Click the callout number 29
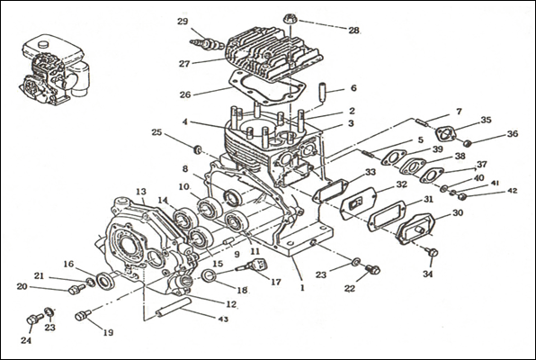pos(183,22)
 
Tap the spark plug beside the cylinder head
pos(207,44)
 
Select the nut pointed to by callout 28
pos(290,19)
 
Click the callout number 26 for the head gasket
pos(185,94)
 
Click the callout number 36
pos(513,134)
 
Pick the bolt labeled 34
pos(433,253)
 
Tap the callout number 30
pos(458,213)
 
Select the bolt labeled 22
pos(372,269)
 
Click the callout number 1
pos(302,288)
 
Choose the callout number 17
pos(276,282)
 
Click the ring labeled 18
pos(208,275)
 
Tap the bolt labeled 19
pos(83,315)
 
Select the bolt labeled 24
pos(34,319)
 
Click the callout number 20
pos(22,286)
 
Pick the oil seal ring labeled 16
pos(105,281)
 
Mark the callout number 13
pos(141,192)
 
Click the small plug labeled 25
pos(197,149)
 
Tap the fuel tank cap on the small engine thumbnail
pos(44,44)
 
